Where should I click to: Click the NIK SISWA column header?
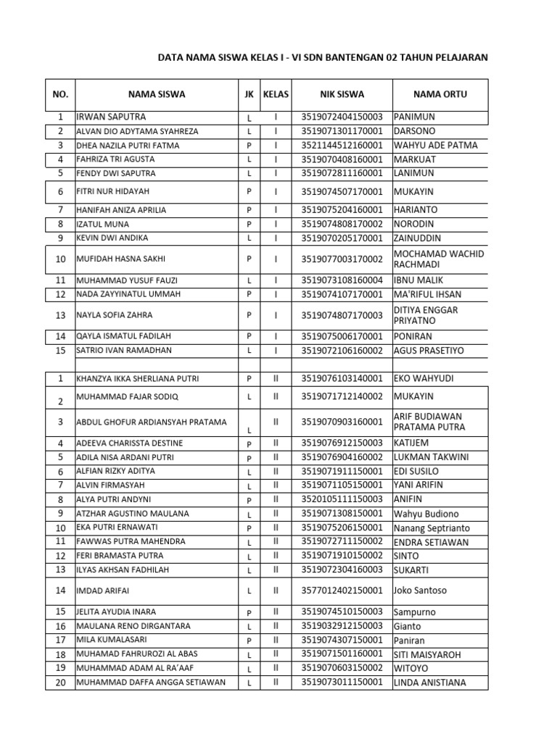pyautogui.click(x=342, y=94)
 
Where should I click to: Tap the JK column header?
pyautogui.click(x=249, y=94)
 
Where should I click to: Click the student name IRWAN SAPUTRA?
pyautogui.click(x=111, y=117)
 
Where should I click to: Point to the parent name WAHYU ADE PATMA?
pyautogui.click(x=435, y=145)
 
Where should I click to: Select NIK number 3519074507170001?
pyautogui.click(x=342, y=192)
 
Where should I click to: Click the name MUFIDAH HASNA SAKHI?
pyautogui.click(x=117, y=259)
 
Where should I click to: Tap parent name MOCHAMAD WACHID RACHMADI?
pyautogui.click(x=438, y=259)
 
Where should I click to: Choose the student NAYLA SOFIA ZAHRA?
pyautogui.click(x=115, y=315)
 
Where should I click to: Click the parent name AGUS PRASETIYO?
pyautogui.click(x=429, y=351)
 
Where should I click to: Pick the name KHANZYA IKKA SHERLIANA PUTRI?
pyautogui.click(x=137, y=379)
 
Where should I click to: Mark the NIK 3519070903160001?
pyautogui.click(x=342, y=422)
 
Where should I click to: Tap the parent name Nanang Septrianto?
pyautogui.click(x=432, y=528)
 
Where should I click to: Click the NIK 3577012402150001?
pyautogui.click(x=342, y=591)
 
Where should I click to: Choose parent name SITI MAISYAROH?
pyautogui.click(x=427, y=654)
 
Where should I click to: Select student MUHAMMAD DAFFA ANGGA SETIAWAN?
pyautogui.click(x=151, y=683)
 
